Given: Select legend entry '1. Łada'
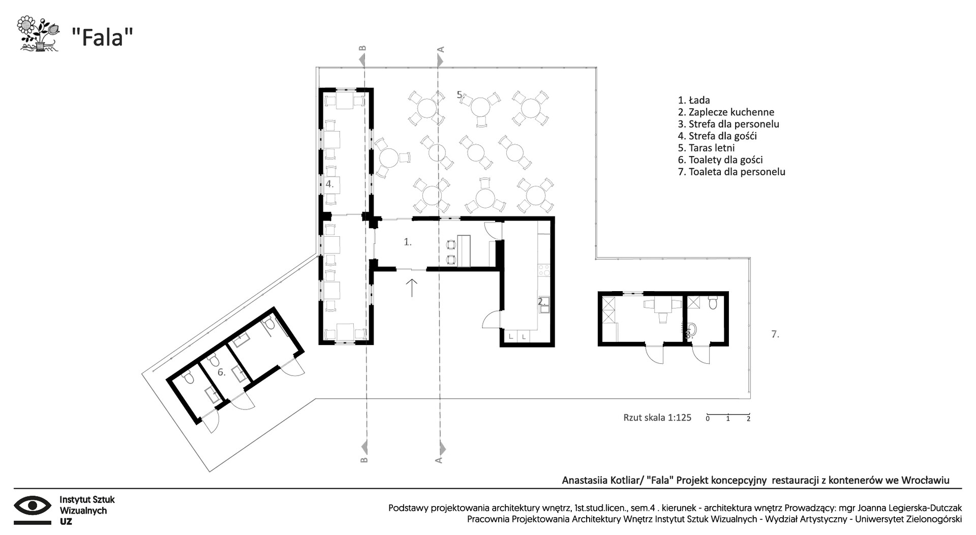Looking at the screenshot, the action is click(x=694, y=100).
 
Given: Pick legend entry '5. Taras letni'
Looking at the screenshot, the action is click(x=706, y=148).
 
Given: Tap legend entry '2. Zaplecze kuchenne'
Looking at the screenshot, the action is click(x=726, y=112).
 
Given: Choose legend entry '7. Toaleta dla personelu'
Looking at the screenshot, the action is click(x=731, y=172).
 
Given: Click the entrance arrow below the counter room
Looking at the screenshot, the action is click(x=412, y=288).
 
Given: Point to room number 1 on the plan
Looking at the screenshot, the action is click(x=408, y=242).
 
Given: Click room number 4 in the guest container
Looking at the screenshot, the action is click(x=330, y=184).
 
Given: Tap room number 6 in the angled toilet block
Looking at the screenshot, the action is click(x=221, y=372).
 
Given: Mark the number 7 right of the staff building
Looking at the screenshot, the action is click(x=775, y=334).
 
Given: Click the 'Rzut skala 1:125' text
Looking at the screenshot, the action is click(x=657, y=418).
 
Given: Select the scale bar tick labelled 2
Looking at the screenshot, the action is click(x=748, y=419).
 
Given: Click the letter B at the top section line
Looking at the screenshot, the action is click(x=362, y=49).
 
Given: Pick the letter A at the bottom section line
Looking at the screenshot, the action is click(x=439, y=460).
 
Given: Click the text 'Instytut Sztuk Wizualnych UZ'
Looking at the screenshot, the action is click(x=87, y=511).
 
